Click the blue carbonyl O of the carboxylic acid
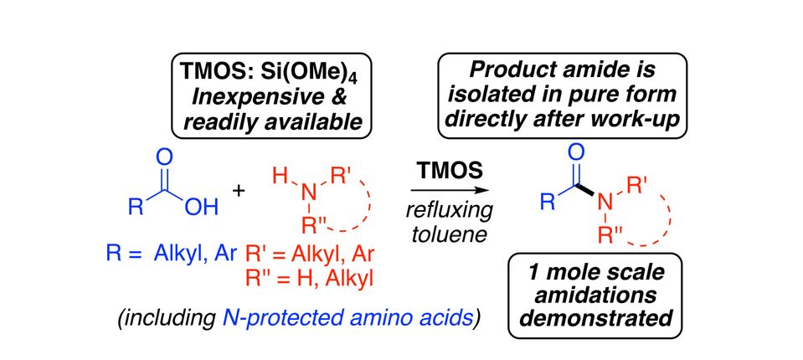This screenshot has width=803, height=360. click(163, 157)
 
